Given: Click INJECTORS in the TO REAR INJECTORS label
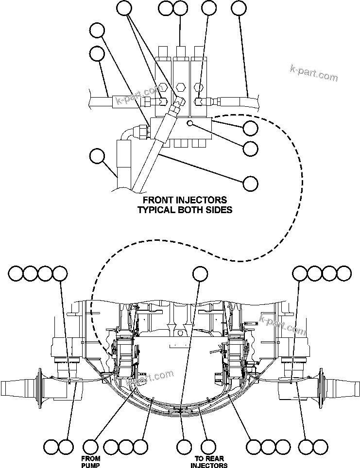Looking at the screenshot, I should point(208,465).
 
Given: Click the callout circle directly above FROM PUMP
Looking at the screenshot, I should point(92,446).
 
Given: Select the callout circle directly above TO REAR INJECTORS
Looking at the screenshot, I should point(208,446).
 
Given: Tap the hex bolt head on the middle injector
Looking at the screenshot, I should point(181,88).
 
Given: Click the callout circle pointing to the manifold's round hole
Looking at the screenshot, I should point(250,149).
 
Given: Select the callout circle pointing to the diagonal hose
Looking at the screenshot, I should point(250,183).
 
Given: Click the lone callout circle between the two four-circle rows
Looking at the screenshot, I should point(200,273).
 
